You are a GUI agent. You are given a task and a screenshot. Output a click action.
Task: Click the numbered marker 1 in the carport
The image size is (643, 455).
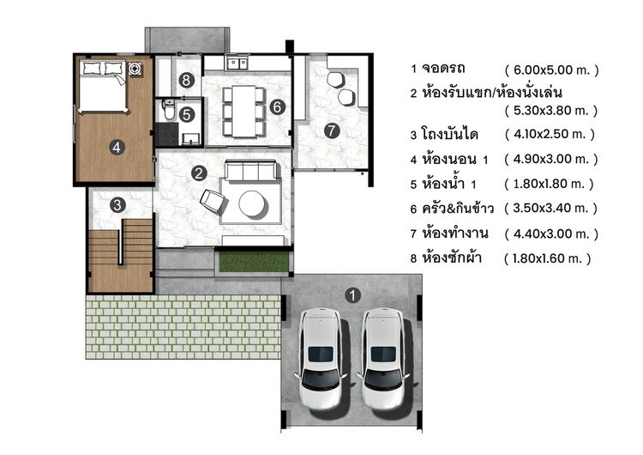pos(352,295)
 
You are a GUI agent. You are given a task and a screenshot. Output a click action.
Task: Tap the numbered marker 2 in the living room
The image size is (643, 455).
pos(199,173)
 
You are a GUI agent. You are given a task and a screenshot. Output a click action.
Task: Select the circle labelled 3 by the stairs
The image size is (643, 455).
pos(117,204)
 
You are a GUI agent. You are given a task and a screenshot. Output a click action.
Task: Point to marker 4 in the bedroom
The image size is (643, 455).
pos(117,147)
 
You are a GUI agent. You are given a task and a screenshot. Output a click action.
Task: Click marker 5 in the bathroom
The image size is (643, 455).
pos(187,112)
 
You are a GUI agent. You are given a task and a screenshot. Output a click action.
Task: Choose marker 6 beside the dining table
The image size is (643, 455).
pos(276,107)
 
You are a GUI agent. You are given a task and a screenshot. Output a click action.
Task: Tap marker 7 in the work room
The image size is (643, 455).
pos(332,131)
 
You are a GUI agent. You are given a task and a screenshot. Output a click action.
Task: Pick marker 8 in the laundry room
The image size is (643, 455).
pos(187,81)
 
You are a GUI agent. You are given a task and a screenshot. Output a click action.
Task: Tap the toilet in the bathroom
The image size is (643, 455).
pos(169,111)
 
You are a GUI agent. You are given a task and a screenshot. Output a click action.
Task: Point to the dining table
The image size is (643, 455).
pos(242,109)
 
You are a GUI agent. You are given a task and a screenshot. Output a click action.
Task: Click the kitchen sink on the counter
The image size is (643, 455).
pos(236,64)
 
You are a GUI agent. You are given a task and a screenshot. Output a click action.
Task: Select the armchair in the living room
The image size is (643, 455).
pos(212,202)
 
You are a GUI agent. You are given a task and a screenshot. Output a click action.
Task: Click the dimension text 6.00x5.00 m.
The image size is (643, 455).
pos(551,70)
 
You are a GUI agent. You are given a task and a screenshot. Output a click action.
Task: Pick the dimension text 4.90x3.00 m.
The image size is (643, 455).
pos(551,159)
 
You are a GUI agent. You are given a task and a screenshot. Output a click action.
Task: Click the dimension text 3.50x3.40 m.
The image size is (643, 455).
pos(550,208)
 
